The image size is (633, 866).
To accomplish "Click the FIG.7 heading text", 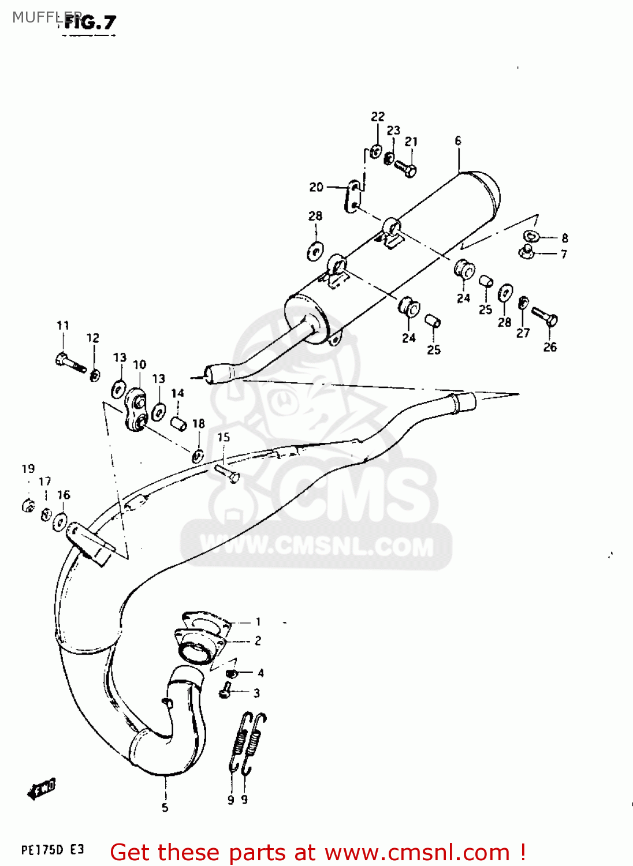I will click(x=91, y=23).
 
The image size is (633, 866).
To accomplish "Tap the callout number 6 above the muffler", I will click(x=458, y=141).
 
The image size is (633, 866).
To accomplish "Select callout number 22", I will click(x=378, y=117).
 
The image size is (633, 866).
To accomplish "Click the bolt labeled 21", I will click(x=405, y=168).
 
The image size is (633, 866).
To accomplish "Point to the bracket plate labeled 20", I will click(x=353, y=196).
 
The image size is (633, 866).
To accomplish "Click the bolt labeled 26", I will click(x=545, y=315).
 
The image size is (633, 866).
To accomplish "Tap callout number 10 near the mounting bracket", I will click(x=140, y=365).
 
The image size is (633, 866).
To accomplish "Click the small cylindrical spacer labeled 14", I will click(x=178, y=423).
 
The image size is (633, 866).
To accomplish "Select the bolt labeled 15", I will click(x=227, y=473).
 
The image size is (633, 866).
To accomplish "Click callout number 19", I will click(x=28, y=469).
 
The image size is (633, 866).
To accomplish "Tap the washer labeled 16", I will click(x=59, y=521).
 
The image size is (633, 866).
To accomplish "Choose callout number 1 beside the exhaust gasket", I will click(x=258, y=622).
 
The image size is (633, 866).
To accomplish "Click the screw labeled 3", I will click(x=226, y=689).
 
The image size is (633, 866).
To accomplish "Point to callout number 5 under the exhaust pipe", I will click(x=165, y=808).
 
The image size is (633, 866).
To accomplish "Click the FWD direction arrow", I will click(x=42, y=789).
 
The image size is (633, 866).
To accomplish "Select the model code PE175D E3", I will click(x=53, y=850).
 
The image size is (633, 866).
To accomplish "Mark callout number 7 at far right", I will click(x=564, y=254).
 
